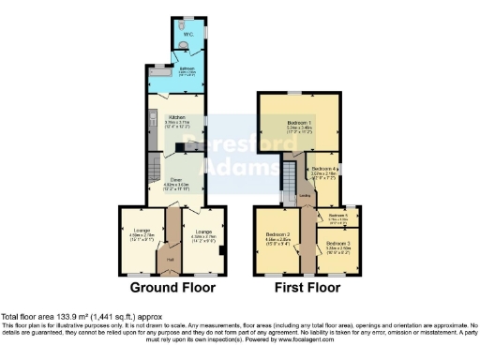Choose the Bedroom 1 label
299,125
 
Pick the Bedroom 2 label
277,235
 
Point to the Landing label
306,196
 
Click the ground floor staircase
153,172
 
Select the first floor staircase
290,175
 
